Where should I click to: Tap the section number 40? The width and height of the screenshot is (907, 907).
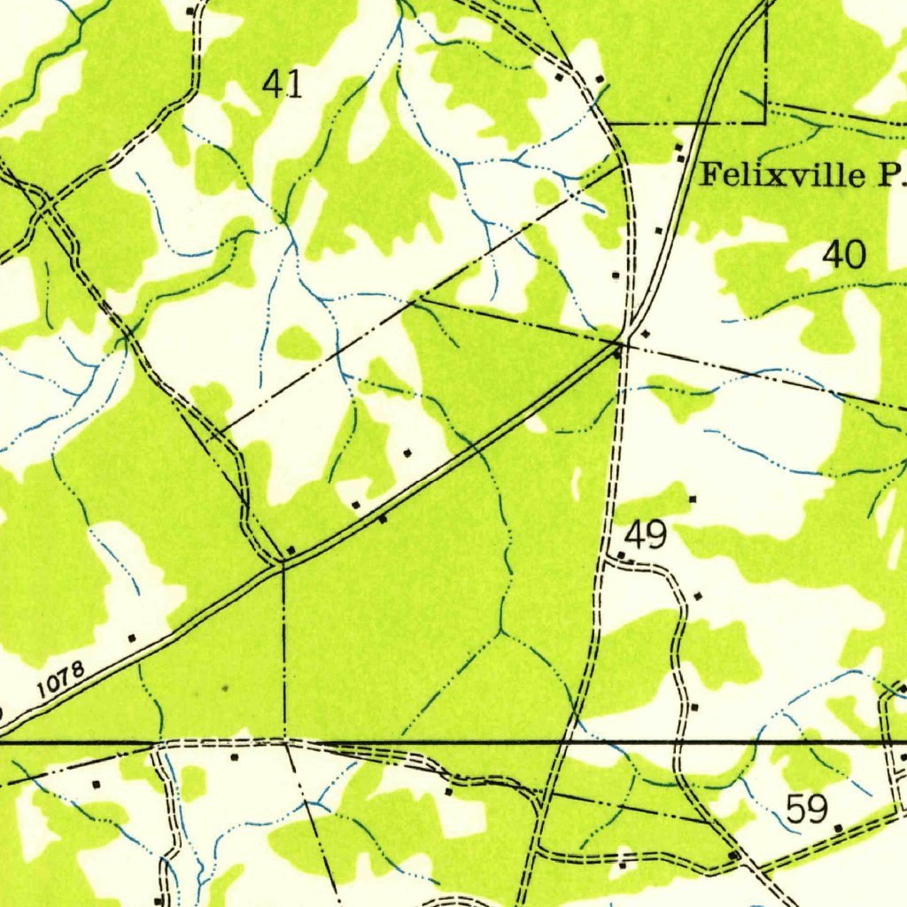pyautogui.click(x=844, y=255)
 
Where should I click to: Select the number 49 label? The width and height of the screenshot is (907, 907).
pyautogui.click(x=646, y=535)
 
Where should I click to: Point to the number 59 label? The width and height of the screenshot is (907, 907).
pyautogui.click(x=807, y=808)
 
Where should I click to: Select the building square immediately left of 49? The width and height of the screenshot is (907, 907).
pyautogui.click(x=621, y=555)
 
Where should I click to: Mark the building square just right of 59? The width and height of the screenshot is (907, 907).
pyautogui.click(x=839, y=827)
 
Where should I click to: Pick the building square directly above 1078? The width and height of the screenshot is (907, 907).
pyautogui.click(x=132, y=637)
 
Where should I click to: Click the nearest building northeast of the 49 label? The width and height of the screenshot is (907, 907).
pyautogui.click(x=693, y=500)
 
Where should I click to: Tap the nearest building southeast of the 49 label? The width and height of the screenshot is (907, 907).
pyautogui.click(x=698, y=596)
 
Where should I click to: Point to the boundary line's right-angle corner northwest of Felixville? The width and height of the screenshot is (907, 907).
pyautogui.click(x=764, y=122)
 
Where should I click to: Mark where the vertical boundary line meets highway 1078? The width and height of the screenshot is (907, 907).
pyautogui.click(x=283, y=562)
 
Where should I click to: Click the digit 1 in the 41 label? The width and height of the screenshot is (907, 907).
pyautogui.click(x=295, y=84)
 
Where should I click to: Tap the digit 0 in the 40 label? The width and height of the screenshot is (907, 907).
pyautogui.click(x=856, y=255)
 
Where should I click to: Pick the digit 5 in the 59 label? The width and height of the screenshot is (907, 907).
pyautogui.click(x=795, y=808)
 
